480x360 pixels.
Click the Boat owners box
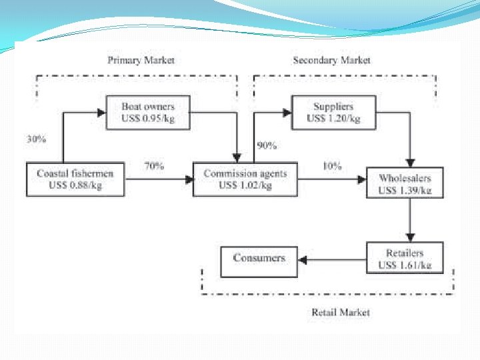pos(148,113)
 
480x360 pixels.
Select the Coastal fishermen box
pos(75,179)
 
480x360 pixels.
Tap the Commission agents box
pos(245,179)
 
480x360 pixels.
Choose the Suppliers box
pos(333,113)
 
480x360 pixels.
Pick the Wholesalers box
pos(405,183)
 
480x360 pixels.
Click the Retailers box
pos(405,259)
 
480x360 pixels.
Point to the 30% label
pos(37,140)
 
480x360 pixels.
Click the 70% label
pos(153,166)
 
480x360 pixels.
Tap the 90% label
pos(267,145)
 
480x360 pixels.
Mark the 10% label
pos(331,166)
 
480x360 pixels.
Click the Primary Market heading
pos(141,61)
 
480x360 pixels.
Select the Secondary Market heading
pos(331,61)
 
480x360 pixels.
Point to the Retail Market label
pos(340,312)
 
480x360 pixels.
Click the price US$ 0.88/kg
pos(75,185)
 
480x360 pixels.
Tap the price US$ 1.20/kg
pos(333,119)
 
